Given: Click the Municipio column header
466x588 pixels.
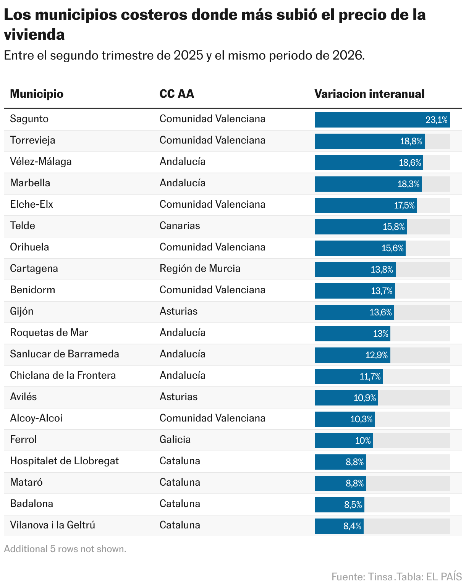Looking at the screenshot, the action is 37,94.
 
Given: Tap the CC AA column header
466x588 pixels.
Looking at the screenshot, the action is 176,94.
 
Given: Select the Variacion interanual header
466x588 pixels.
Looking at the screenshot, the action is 369,94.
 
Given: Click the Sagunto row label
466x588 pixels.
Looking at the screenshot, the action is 29,119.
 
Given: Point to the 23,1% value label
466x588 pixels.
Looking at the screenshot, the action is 436,120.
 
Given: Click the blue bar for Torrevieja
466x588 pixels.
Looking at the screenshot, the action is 369,141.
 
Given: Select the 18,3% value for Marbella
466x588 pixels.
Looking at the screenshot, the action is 408,184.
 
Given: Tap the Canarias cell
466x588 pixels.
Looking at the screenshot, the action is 180,226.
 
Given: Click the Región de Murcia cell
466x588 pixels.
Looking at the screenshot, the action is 200,268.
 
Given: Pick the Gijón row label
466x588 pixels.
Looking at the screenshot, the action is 22,312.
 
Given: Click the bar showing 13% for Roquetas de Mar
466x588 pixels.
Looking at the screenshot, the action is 352,334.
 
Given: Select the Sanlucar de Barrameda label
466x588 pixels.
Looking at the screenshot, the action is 65,354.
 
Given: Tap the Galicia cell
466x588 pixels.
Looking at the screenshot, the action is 175,439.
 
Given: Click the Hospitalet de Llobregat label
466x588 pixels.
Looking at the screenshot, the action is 64,461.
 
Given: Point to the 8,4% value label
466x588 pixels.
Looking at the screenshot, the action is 352,526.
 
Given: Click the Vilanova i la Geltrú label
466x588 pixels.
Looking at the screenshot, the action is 52,525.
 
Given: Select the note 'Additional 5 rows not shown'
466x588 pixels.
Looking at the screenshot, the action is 65,549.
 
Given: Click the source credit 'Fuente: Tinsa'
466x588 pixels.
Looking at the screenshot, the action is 364,577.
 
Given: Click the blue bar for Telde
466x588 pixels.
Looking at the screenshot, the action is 361,227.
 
